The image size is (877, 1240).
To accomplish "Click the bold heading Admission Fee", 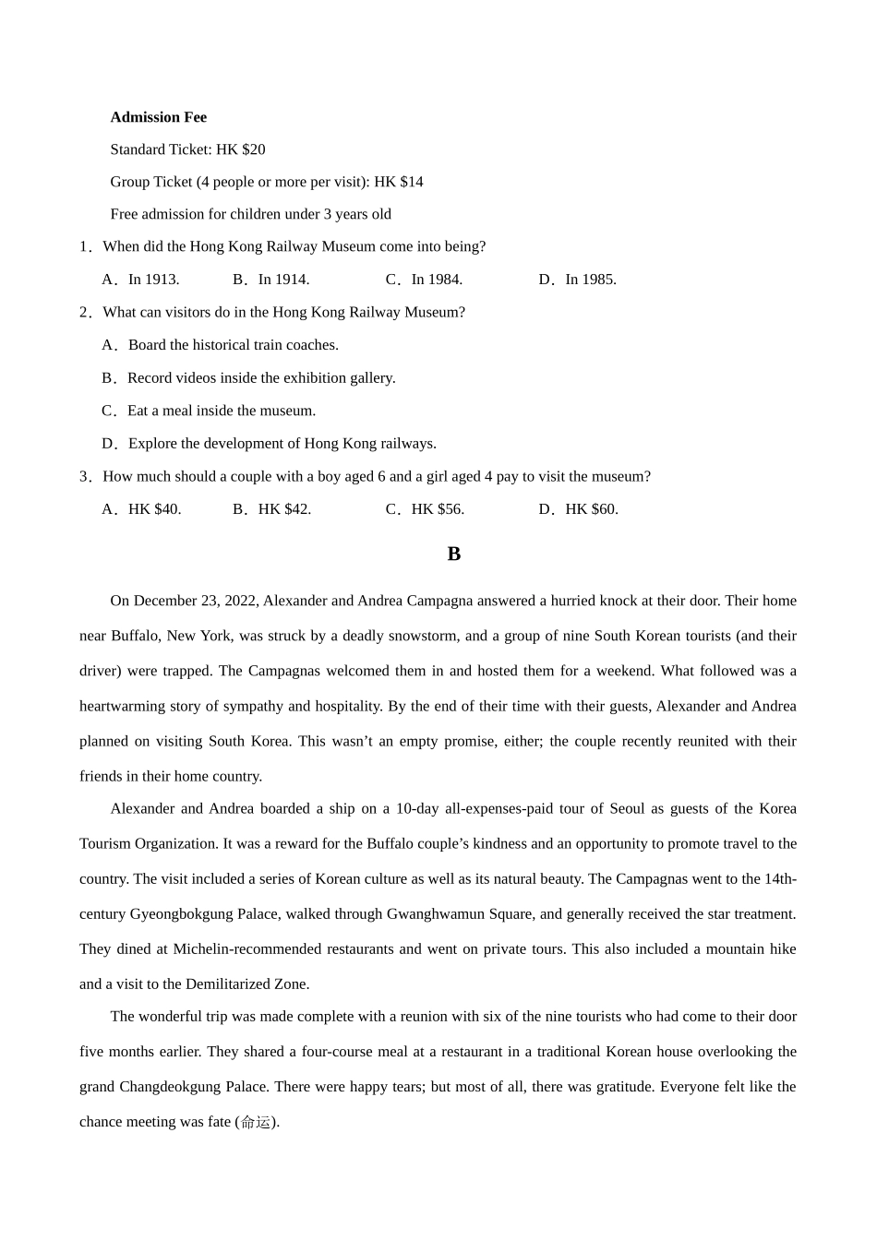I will [x=158, y=117].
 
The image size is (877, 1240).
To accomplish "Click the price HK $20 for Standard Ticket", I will [x=241, y=149].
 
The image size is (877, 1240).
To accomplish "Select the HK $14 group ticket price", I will [x=399, y=182].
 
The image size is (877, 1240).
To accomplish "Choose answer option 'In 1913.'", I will [x=153, y=280].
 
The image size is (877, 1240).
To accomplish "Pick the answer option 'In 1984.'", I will [x=437, y=280].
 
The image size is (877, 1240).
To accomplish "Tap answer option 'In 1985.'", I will [x=590, y=280].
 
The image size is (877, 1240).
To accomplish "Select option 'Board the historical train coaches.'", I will [x=233, y=345].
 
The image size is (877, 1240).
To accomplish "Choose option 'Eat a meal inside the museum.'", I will [x=221, y=411].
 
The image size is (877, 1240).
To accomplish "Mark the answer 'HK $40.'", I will [x=154, y=509].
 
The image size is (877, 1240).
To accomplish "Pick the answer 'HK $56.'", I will [x=438, y=509].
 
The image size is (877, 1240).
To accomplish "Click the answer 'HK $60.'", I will [x=591, y=509].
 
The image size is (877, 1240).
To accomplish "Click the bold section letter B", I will [x=453, y=554].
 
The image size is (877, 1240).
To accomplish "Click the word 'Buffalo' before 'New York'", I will [x=135, y=636].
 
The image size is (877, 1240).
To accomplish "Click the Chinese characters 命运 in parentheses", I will [x=256, y=1122].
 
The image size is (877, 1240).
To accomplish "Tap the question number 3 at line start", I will [x=84, y=476].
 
